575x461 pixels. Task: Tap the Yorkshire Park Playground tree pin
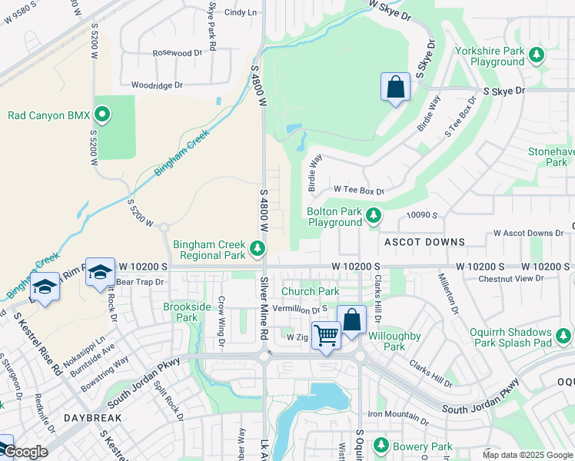click(537, 54)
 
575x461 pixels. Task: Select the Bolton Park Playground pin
click(374, 215)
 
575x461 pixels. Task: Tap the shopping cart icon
click(326, 335)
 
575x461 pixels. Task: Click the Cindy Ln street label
click(240, 12)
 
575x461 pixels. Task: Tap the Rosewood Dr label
click(177, 53)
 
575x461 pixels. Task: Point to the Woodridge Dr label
click(157, 85)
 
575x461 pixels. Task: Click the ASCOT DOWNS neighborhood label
click(424, 242)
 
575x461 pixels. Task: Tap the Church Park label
click(310, 292)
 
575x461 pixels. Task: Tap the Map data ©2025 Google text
click(526, 455)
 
